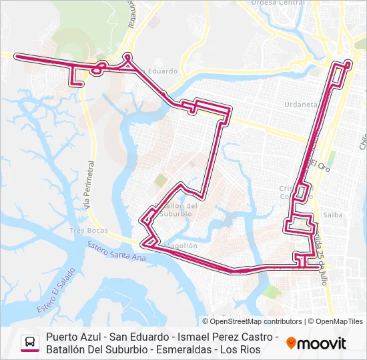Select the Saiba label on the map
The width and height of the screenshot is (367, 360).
pyautogui.click(x=332, y=215)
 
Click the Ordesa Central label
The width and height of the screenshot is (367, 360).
pyautogui.click(x=279, y=3)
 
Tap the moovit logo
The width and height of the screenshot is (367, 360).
pyautogui.click(x=316, y=343)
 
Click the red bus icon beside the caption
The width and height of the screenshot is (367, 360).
pyautogui.click(x=29, y=343)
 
